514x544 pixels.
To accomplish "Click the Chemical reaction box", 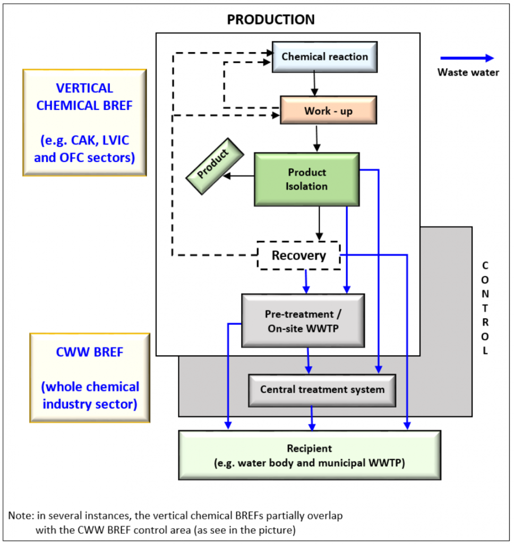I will [324, 57].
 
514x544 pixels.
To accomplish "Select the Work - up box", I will [328, 110].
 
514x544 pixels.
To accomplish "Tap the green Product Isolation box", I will [307, 179].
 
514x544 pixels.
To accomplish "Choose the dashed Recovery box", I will [298, 256].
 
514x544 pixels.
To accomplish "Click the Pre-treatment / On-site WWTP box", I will [302, 321].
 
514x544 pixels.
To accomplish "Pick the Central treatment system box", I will [322, 389].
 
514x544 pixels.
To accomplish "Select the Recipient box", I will [310, 455].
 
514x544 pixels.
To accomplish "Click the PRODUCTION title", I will [271, 20].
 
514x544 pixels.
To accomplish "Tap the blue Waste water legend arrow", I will [467, 58].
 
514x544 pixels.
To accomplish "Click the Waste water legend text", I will [468, 72].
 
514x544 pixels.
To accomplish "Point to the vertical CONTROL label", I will [484, 308].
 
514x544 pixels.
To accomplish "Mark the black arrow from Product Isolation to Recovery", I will [319, 223].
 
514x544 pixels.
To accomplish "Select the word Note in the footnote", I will [18, 515].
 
